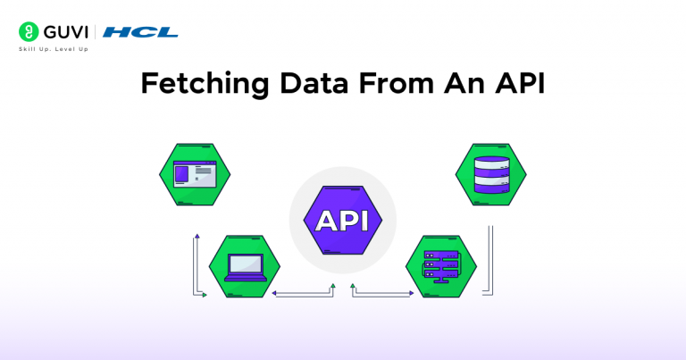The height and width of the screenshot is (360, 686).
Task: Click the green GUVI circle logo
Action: [x=29, y=32]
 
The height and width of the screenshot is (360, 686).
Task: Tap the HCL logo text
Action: [x=140, y=32]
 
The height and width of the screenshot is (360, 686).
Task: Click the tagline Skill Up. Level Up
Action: [x=54, y=49]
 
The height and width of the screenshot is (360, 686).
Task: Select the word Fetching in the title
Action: [x=205, y=84]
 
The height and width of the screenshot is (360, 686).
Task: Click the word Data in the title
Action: [x=314, y=83]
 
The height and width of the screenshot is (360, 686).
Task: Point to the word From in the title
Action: [x=397, y=83]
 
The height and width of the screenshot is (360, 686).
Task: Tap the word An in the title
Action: [x=464, y=83]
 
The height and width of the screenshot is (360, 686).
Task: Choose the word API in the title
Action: [x=520, y=83]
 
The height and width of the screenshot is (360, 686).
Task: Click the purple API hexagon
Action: [x=343, y=220]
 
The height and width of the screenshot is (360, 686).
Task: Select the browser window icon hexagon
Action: [x=195, y=174]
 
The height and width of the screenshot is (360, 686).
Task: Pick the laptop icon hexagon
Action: [x=245, y=266]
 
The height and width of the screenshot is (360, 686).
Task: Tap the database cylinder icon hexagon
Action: [x=491, y=174]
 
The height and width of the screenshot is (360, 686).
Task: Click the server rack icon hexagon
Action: [x=441, y=266]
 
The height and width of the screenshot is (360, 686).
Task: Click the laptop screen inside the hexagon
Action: [x=246, y=264]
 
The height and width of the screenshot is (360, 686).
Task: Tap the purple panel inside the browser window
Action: [x=181, y=174]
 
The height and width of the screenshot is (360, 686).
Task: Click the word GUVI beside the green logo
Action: [x=66, y=32]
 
